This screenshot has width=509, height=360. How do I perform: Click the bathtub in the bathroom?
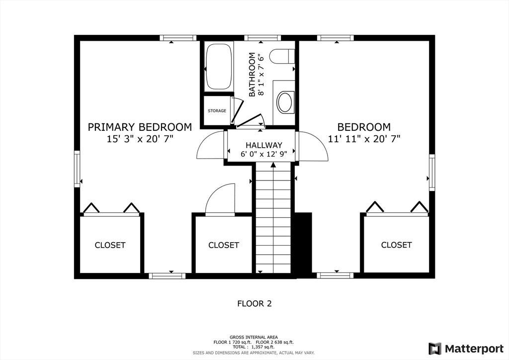(x=219, y=67)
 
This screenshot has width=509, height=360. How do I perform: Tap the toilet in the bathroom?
(x=282, y=56)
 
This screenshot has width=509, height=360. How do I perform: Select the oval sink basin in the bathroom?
(x=285, y=102)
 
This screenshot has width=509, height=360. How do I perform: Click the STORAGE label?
(x=217, y=111)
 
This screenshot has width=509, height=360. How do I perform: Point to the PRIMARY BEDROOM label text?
(x=140, y=127)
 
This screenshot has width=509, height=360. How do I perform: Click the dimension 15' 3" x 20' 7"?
(x=140, y=139)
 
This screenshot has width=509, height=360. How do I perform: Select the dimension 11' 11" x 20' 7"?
(x=364, y=139)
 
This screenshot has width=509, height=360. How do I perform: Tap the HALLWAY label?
(x=264, y=145)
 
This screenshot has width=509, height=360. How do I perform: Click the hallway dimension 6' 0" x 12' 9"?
(x=264, y=154)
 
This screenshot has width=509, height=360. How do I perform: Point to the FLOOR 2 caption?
(x=254, y=303)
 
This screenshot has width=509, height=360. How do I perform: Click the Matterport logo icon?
(x=435, y=349)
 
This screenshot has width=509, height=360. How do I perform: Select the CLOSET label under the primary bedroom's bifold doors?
(x=110, y=245)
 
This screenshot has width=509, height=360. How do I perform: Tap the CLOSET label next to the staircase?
(x=224, y=245)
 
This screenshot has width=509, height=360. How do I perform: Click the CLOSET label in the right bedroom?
(x=396, y=245)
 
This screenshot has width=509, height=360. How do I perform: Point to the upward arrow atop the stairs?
(x=273, y=165)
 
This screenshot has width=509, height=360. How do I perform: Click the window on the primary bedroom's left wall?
(x=77, y=169)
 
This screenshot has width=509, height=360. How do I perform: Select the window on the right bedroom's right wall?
(x=432, y=173)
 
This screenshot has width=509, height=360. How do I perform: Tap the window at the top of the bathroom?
(x=262, y=38)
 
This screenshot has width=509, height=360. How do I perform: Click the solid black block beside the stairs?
(x=304, y=245)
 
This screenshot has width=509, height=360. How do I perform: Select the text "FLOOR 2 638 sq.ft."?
(x=274, y=342)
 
